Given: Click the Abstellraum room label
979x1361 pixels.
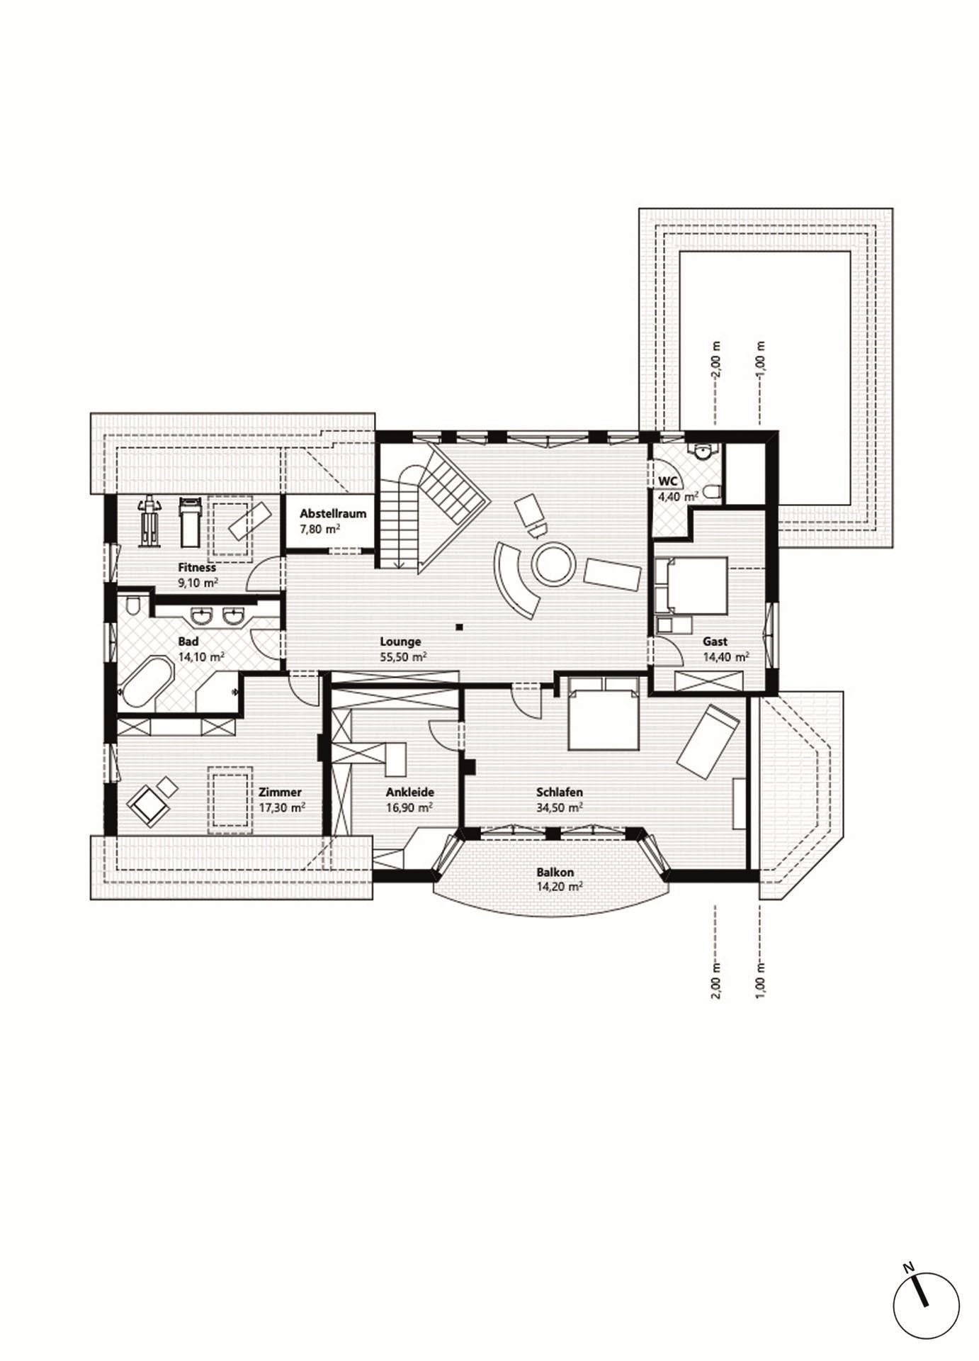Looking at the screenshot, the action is click(332, 513).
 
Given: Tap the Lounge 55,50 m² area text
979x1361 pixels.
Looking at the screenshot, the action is click(403, 657).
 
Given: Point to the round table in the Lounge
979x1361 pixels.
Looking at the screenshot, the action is click(553, 564).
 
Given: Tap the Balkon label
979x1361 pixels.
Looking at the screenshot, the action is click(555, 873).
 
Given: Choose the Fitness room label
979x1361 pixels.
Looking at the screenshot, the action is click(197, 568).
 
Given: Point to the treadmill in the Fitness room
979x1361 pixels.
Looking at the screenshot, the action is click(188, 521).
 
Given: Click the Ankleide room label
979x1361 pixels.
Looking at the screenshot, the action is click(409, 792).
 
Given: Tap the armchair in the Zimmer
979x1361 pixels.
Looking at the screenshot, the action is click(148, 805).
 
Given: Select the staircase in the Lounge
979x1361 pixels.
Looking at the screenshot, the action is click(432, 507).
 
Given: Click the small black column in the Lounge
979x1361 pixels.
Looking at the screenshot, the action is click(460, 627).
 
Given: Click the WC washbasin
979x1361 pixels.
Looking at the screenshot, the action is click(703, 452).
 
